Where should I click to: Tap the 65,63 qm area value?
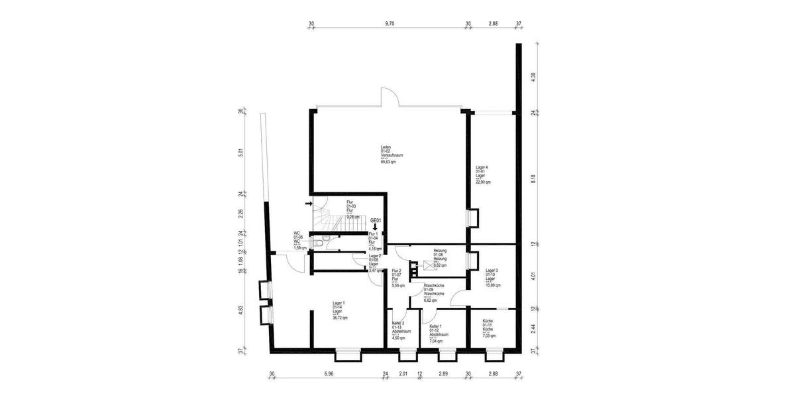tap(388, 161)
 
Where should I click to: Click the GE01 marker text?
tap(376, 220)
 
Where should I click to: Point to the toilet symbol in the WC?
tap(320, 243)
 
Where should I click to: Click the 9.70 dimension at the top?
tap(390, 23)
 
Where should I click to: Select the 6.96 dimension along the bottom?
tap(329, 374)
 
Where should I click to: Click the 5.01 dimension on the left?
tap(241, 152)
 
